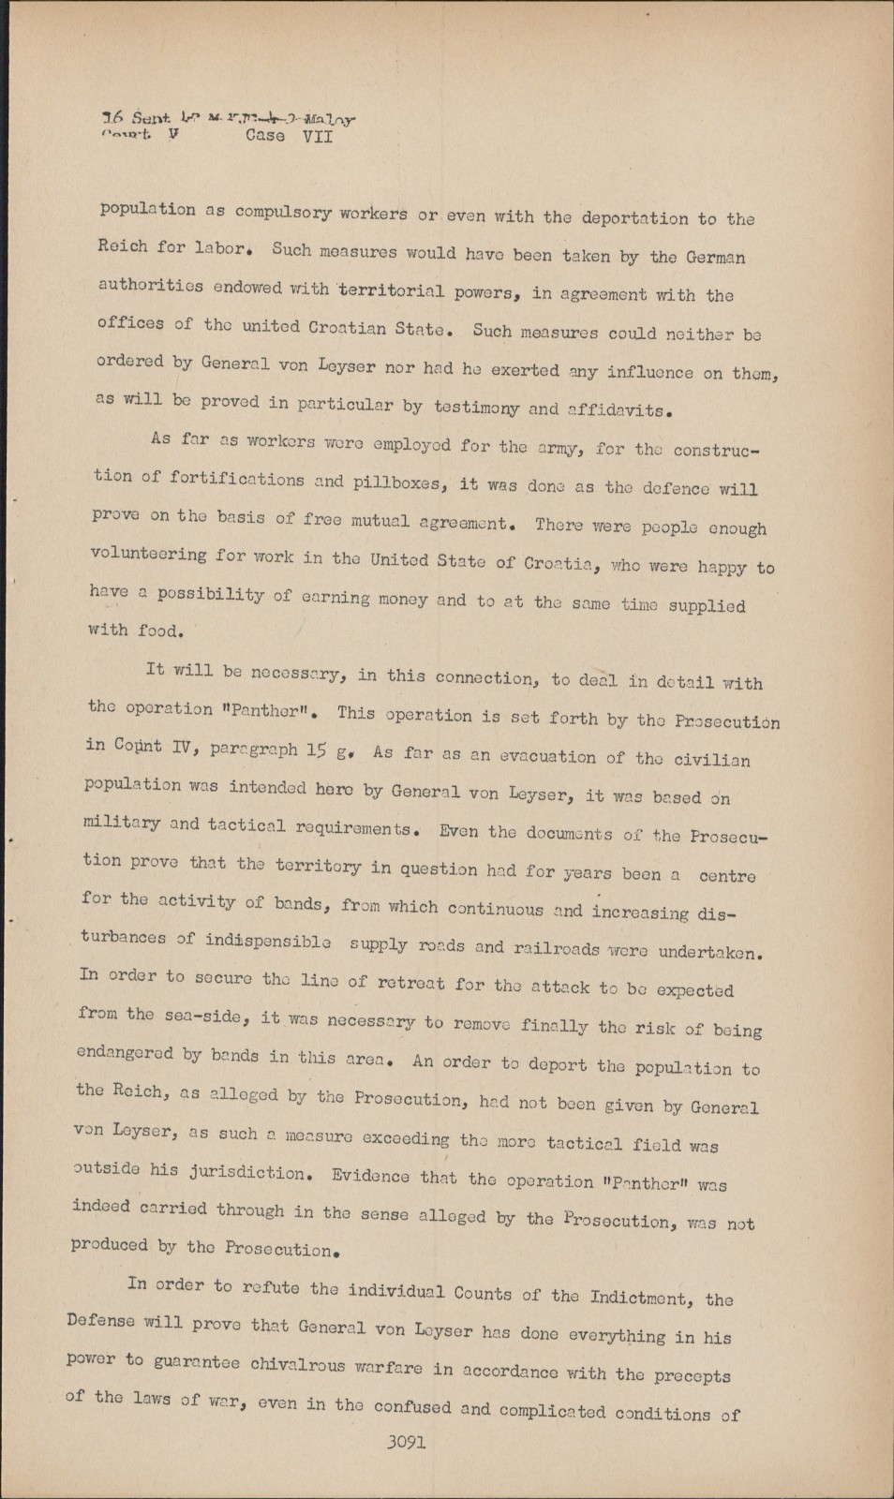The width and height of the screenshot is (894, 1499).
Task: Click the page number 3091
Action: pos(406,1444)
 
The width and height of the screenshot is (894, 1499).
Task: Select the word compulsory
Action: pos(283,212)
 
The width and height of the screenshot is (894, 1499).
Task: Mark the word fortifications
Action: pos(236,479)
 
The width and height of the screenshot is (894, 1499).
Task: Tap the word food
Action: pos(157,631)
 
